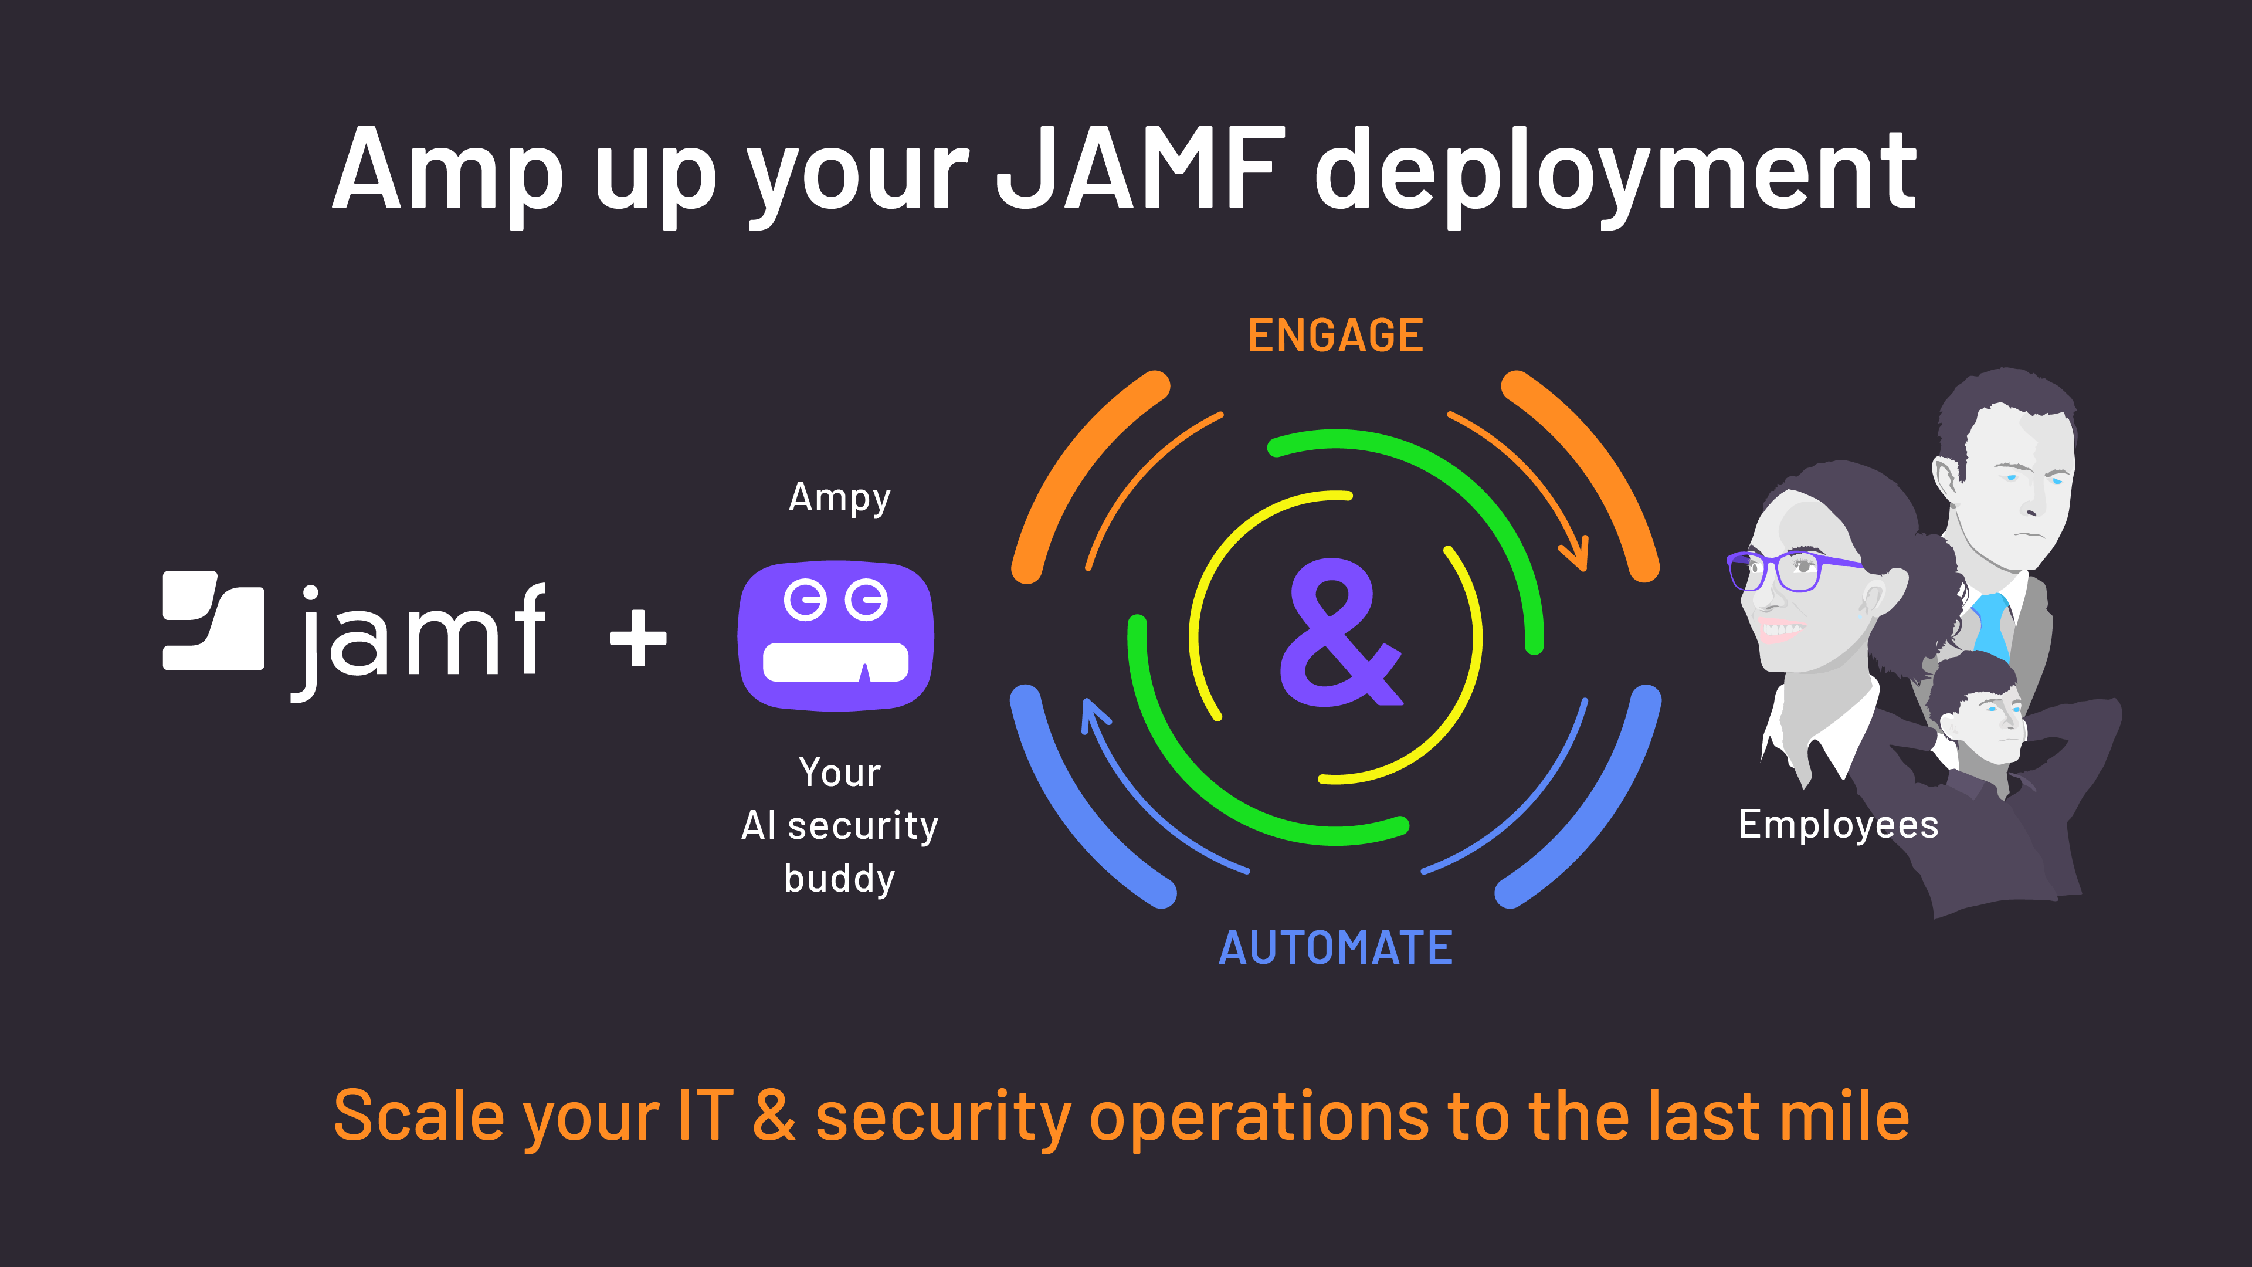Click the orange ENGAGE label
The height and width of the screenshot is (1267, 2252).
pos(1335,336)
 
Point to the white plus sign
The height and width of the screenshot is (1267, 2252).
pos(638,638)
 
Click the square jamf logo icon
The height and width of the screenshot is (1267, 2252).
pos(213,621)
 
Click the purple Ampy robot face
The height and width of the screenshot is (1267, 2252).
pos(836,636)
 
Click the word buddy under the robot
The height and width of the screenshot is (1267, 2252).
pos(839,879)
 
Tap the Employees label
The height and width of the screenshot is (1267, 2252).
pos(1837,825)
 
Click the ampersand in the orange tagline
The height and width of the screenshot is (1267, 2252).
pos(775,1117)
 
